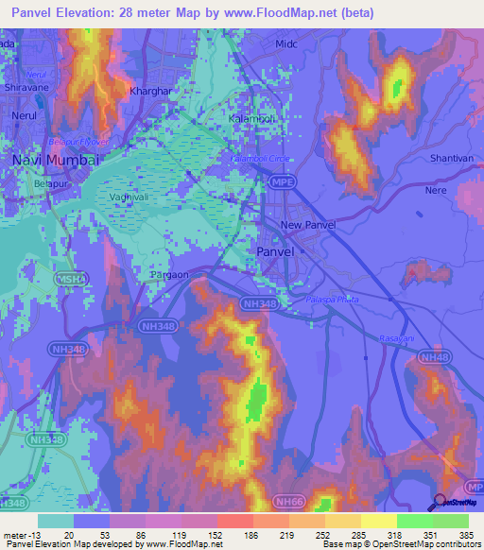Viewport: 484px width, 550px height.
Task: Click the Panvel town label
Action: coord(277,252)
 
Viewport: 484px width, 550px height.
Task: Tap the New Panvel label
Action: coord(304,225)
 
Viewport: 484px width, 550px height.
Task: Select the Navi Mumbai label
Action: coord(55,160)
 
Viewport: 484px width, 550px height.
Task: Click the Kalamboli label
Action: coord(251,119)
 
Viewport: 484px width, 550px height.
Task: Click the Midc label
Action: coord(286,44)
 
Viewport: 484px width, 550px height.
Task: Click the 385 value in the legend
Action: coord(468,534)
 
